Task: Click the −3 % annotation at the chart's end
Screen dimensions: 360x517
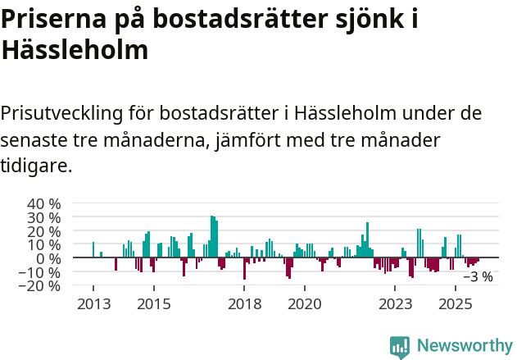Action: [478, 277]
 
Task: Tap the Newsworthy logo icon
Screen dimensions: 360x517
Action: [400, 346]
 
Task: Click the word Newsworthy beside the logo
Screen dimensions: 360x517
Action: [464, 346]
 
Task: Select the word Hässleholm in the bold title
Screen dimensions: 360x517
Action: [75, 50]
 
